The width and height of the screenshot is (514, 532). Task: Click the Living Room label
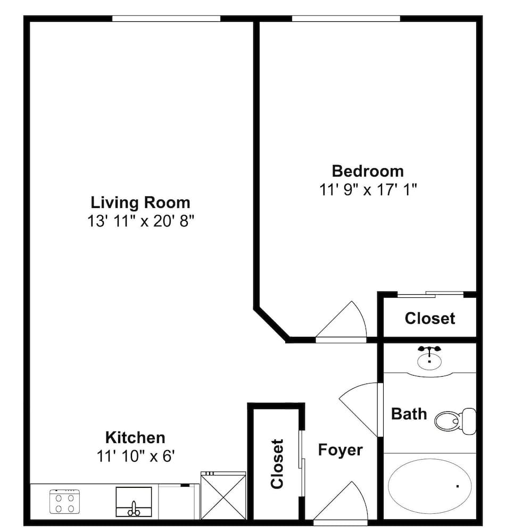coord(140,203)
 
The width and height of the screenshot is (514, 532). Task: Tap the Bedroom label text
coord(367,171)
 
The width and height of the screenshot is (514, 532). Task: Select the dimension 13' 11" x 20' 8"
coord(140,221)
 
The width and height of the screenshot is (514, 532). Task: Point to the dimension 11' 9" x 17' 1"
coord(367,190)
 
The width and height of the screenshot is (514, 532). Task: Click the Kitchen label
coord(135,438)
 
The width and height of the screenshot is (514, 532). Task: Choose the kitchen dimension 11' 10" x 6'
coord(135,456)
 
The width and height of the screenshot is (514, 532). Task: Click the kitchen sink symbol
coord(134,502)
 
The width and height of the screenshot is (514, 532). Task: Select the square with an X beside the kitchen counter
coord(223,495)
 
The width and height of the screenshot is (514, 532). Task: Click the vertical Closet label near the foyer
coord(277,463)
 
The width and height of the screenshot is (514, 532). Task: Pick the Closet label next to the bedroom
coord(429,319)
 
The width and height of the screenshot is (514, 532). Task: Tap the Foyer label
coord(340,450)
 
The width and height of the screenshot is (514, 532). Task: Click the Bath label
coord(409,414)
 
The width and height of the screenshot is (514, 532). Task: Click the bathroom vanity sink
coord(429,359)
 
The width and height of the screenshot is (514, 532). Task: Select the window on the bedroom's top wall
coord(346,19)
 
